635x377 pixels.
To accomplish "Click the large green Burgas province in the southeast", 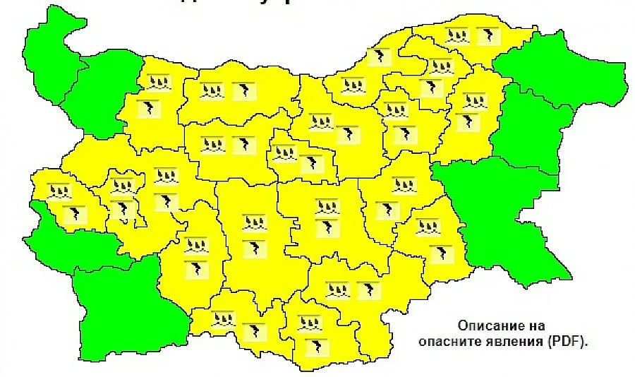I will [508, 219].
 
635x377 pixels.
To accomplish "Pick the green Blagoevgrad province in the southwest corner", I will [127, 311].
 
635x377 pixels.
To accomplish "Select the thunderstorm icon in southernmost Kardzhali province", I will [311, 347].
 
